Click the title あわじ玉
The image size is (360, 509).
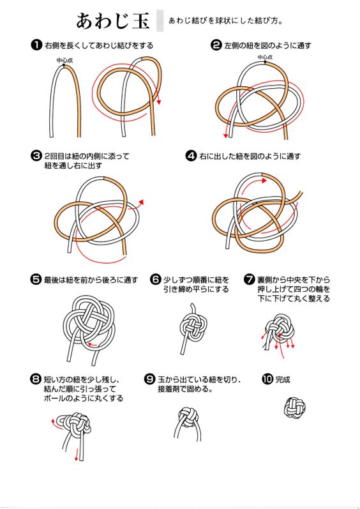[113, 21]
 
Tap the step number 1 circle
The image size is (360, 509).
[36, 45]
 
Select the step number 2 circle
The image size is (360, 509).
[216, 45]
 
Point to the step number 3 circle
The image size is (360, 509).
[36, 156]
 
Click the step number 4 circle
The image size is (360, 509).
[191, 156]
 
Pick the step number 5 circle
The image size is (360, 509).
[36, 280]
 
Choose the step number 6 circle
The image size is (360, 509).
[156, 280]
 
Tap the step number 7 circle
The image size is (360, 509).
[250, 280]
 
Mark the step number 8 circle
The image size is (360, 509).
[36, 379]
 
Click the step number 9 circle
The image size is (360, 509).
[150, 379]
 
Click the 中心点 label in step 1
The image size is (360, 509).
[64, 61]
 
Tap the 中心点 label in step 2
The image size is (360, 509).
[266, 57]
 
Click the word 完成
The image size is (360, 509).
[283, 379]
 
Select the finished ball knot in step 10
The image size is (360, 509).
[295, 408]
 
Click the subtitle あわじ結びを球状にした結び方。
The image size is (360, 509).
[226, 21]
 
